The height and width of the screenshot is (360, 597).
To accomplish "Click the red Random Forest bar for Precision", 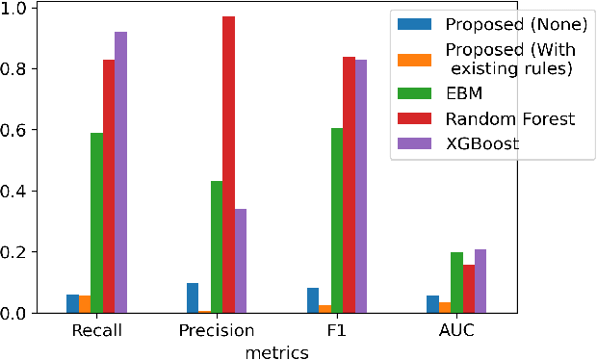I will click(228, 165).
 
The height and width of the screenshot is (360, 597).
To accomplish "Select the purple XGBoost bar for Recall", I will click(120, 172).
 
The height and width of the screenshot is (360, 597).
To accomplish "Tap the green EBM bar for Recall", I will click(96, 222).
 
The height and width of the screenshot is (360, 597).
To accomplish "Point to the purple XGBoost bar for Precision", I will click(240, 261).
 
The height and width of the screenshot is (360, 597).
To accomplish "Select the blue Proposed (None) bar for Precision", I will click(193, 298).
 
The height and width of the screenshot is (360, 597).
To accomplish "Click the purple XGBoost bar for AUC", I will click(480, 281).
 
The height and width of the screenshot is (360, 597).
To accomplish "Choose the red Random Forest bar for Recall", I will click(109, 187).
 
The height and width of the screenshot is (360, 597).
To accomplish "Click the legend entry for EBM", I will click(464, 94).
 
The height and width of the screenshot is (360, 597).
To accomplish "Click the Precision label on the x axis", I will click(216, 331).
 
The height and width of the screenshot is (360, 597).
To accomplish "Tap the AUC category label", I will click(456, 331).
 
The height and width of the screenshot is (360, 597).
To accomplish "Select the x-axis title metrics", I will click(276, 352).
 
